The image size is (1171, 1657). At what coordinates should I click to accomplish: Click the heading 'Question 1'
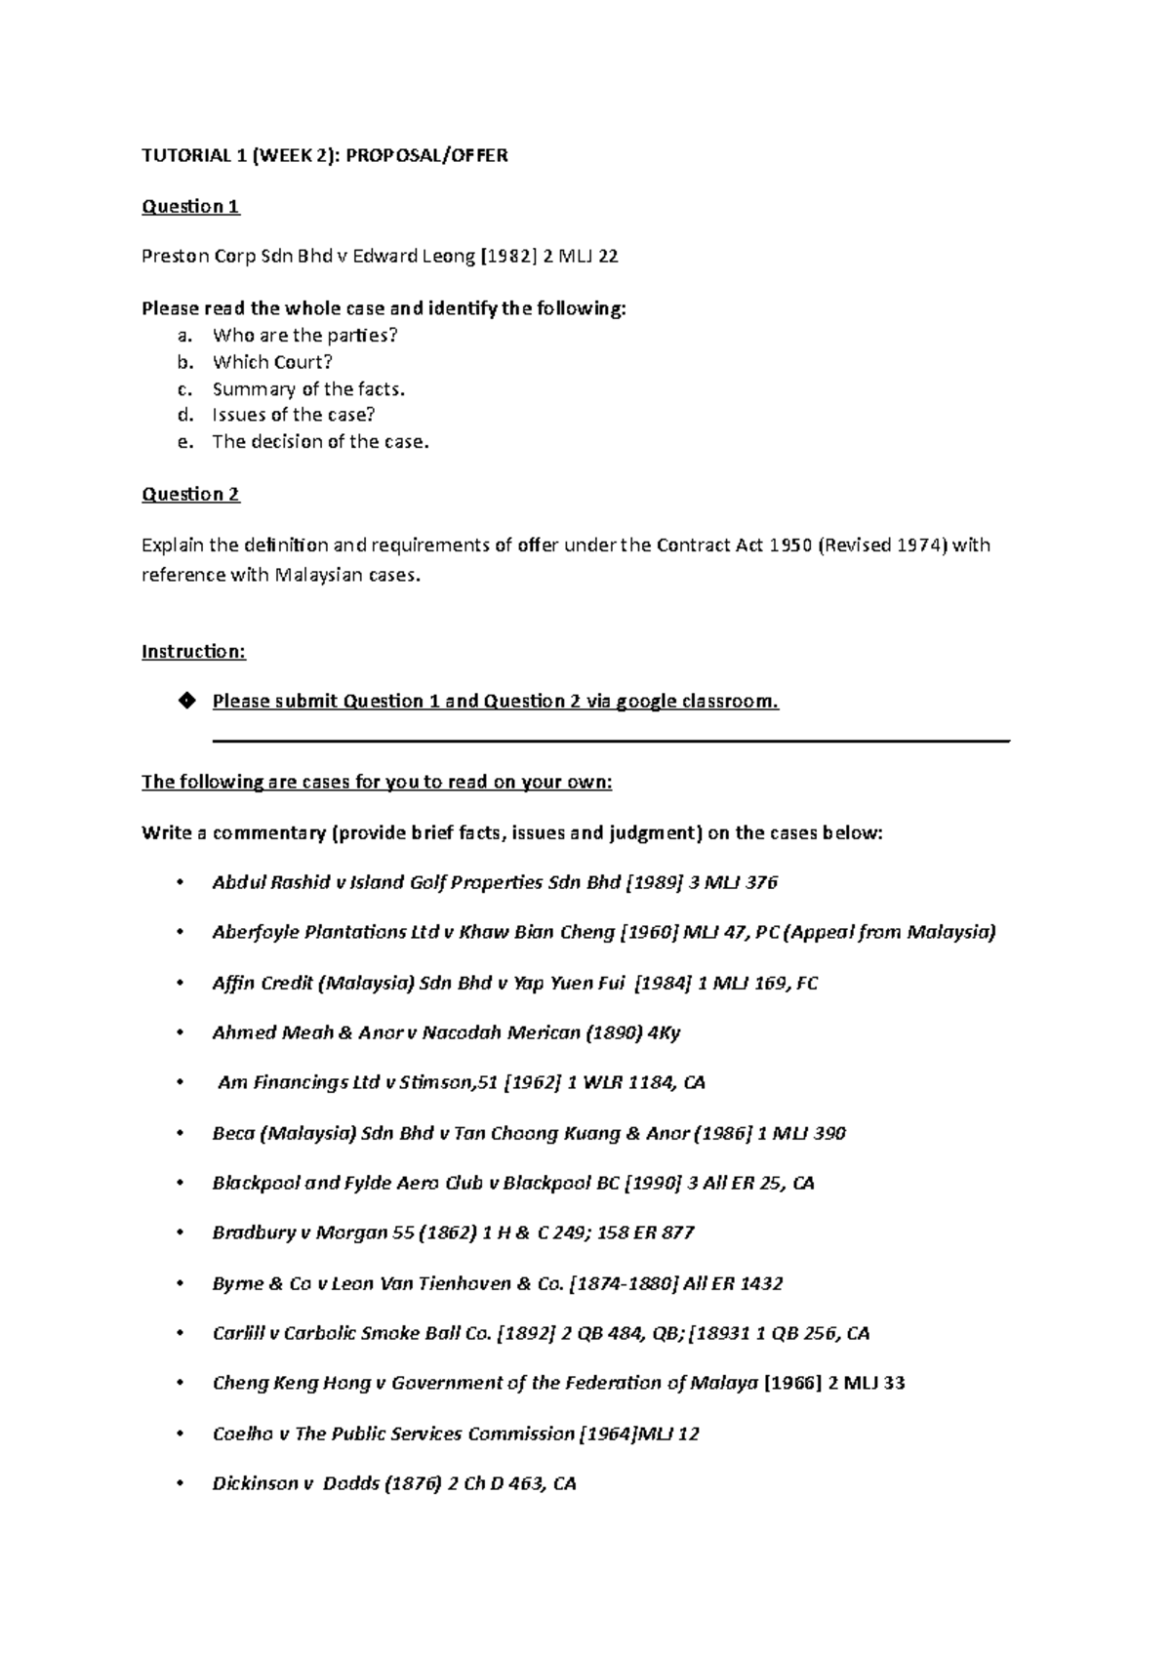pos(190,206)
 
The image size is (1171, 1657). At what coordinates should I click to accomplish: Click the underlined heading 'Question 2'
pos(190,494)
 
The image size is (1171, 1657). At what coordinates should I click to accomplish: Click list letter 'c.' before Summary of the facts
pos(184,388)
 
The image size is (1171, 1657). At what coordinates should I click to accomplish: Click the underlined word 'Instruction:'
pos(193,651)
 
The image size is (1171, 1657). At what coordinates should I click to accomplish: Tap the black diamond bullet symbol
pos(186,701)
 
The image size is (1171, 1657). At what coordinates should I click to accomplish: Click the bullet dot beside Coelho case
pos(180,1435)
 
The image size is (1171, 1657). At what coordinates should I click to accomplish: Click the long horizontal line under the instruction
pos(610,742)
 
